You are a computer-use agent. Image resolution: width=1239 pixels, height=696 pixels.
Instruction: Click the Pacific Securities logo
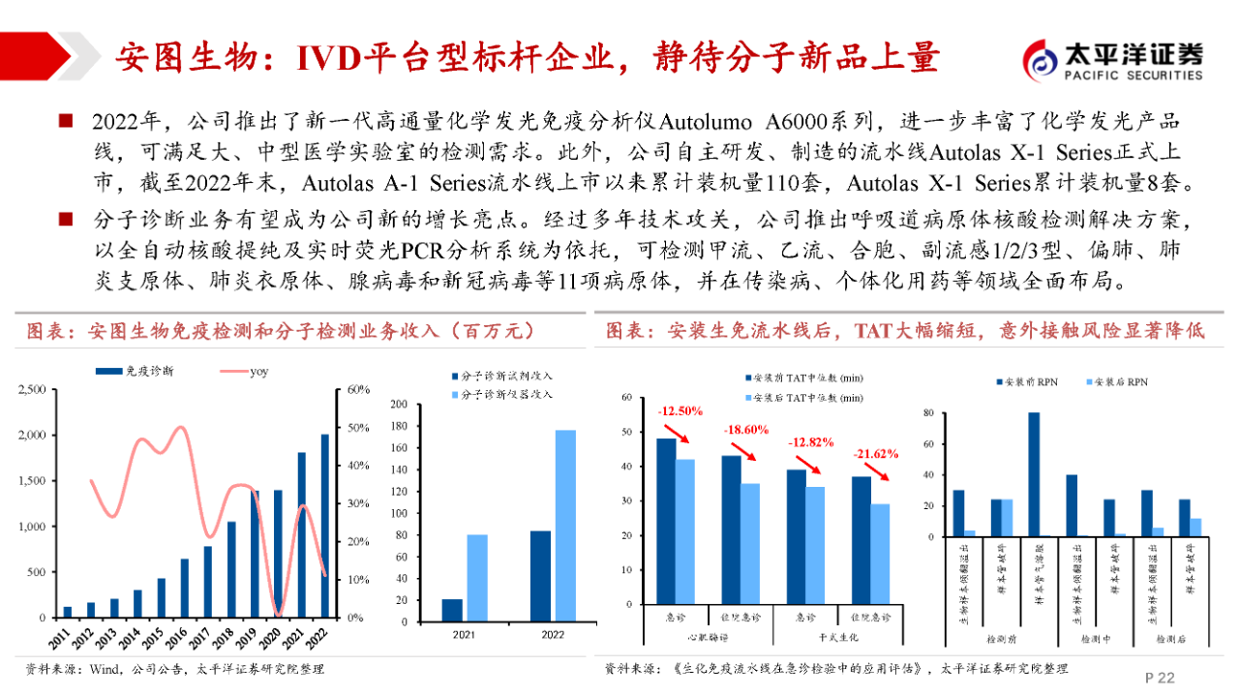1113,60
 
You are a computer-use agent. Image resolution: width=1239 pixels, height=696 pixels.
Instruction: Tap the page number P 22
1160,678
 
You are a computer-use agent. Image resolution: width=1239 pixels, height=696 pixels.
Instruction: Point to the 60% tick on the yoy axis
359,389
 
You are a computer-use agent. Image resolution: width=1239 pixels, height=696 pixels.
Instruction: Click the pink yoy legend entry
244,371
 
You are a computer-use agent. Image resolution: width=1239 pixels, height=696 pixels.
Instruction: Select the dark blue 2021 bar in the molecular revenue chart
452,609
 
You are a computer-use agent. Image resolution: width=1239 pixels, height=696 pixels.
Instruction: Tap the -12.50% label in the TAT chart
680,411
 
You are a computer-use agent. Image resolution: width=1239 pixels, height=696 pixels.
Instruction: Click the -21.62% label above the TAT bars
876,453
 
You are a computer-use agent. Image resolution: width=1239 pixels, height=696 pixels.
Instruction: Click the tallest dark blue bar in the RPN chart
1033,474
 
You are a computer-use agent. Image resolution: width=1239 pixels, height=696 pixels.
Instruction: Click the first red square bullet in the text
66,121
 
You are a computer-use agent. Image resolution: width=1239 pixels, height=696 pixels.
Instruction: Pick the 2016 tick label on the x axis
183,636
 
